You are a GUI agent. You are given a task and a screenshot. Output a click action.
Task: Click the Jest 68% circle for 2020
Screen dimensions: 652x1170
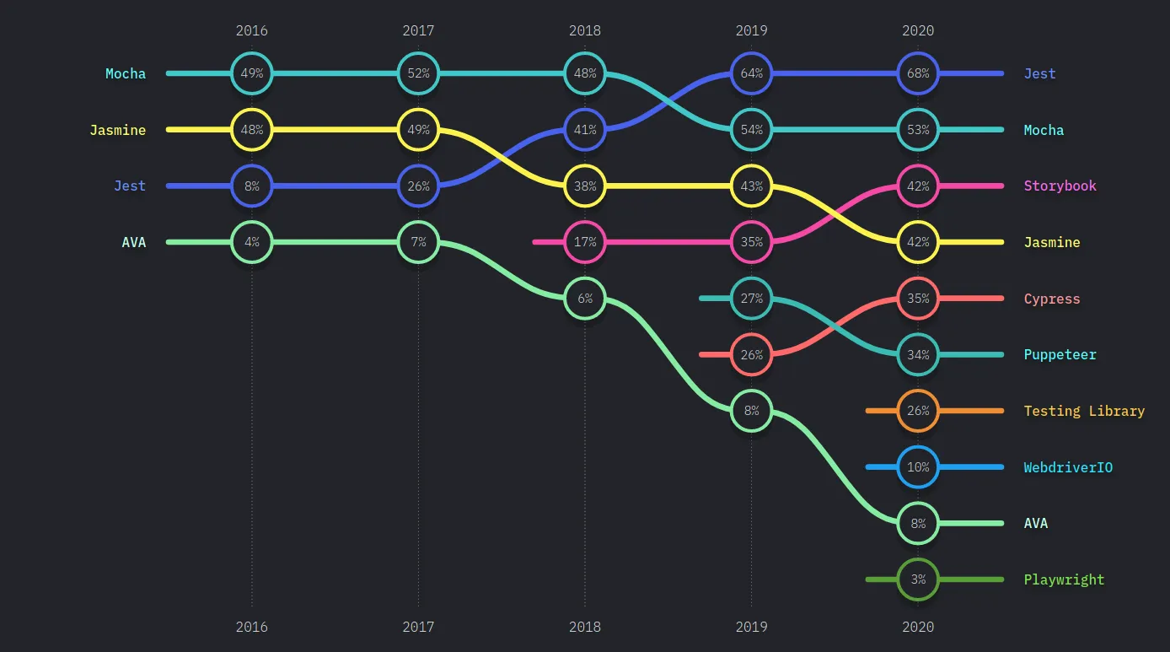[918, 73]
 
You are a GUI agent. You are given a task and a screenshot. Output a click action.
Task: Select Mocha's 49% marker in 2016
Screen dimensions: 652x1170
[251, 73]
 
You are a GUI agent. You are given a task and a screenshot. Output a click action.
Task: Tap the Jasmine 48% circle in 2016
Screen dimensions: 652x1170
[251, 130]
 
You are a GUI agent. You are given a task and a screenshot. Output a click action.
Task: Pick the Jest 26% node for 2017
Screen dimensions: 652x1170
[418, 186]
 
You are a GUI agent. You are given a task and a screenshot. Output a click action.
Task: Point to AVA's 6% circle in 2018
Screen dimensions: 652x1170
[585, 299]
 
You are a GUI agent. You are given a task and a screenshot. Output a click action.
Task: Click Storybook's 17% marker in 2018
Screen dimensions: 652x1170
[585, 242]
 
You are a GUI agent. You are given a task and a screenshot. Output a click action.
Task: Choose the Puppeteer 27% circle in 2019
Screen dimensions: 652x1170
[751, 299]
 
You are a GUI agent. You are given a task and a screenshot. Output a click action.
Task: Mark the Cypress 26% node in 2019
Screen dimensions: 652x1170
[751, 354]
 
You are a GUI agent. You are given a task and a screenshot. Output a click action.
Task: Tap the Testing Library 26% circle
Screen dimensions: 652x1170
[918, 411]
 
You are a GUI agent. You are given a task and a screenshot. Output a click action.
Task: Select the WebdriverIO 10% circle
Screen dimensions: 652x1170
[918, 467]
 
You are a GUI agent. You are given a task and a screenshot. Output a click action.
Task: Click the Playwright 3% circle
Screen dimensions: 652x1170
[918, 579]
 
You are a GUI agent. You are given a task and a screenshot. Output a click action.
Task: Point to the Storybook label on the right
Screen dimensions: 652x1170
[1060, 186]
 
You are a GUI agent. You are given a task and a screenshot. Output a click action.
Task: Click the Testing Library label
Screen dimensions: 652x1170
[1084, 411]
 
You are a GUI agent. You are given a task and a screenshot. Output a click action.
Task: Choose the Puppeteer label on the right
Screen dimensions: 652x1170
[1060, 354]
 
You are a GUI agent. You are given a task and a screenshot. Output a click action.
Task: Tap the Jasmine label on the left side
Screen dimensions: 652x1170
[117, 130]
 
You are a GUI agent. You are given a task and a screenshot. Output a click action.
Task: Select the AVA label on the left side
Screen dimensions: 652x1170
[133, 242]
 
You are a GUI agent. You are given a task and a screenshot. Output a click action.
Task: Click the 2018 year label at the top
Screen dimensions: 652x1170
[585, 30]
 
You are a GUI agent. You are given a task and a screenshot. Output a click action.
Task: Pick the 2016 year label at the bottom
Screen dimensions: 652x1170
[251, 627]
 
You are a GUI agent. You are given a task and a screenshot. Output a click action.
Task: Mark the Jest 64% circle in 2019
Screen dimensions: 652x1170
[751, 73]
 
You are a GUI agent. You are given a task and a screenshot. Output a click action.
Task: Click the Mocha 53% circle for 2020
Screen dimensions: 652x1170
[918, 130]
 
